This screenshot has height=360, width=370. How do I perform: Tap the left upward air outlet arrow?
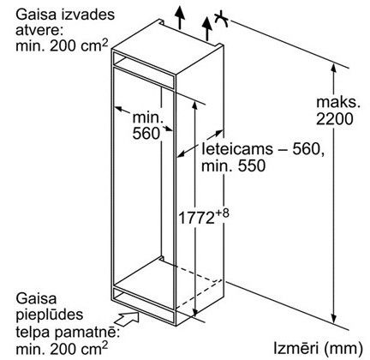pos(180,17)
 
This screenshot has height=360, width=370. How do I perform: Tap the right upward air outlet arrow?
pos(207,28)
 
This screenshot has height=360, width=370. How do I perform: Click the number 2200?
pos(335,119)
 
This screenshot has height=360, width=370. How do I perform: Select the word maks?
pos(338,102)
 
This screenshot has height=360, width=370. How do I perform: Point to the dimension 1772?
pos(196,219)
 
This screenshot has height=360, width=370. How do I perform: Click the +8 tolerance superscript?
pos(222,213)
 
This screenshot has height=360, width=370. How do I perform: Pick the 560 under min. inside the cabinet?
pos(146,133)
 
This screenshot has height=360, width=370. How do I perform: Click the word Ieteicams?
pos(233,149)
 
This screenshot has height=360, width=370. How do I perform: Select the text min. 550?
pos(234,165)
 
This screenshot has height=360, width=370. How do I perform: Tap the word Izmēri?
pos(296,349)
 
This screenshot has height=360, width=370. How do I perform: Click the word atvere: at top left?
pos(39,30)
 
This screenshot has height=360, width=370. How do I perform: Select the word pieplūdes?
pos(50,315)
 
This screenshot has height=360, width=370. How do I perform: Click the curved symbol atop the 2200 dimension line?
pos(222,19)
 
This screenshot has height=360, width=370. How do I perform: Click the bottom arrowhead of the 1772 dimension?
pos(194,311)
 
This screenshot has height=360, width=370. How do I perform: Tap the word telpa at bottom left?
pos(33,332)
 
